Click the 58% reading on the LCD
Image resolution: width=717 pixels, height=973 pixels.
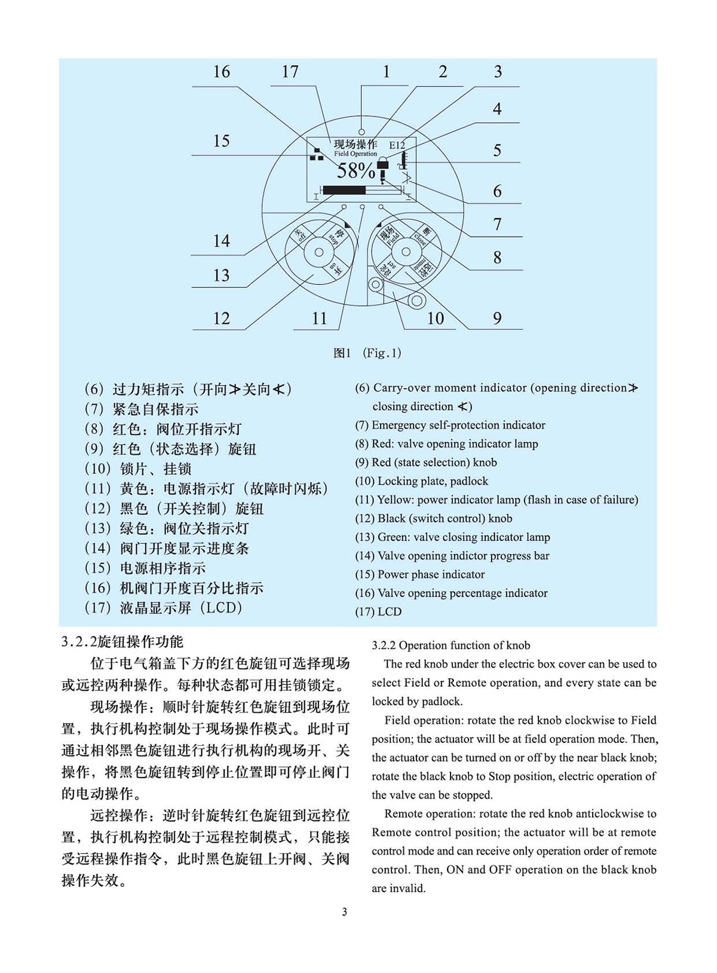tap(356, 171)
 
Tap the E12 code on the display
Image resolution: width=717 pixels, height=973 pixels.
tap(397, 145)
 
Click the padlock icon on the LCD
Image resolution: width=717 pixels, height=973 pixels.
tap(382, 166)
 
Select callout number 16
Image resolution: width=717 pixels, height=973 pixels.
tap(221, 72)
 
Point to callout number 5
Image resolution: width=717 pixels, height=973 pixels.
tap(497, 150)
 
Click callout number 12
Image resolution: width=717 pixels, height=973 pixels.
tap(221, 318)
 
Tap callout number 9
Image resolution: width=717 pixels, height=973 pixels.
tap(497, 318)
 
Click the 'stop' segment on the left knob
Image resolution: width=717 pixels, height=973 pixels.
tap(336, 235)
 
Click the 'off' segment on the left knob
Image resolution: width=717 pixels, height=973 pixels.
tap(299, 235)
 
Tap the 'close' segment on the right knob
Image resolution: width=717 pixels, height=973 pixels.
tap(422, 235)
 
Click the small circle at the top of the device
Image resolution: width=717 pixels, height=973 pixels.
tap(361, 131)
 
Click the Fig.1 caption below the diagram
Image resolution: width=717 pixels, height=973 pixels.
tap(367, 353)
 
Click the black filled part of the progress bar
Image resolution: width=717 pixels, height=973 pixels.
tap(344, 190)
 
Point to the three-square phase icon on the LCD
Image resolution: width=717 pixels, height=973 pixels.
tap(316, 155)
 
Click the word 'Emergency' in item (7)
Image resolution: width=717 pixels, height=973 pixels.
tap(399, 425)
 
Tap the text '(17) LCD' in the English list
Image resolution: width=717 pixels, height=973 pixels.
tap(378, 611)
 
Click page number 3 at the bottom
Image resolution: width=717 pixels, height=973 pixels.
tap(344, 912)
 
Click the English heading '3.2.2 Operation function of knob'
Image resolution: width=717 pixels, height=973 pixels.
tap(451, 645)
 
